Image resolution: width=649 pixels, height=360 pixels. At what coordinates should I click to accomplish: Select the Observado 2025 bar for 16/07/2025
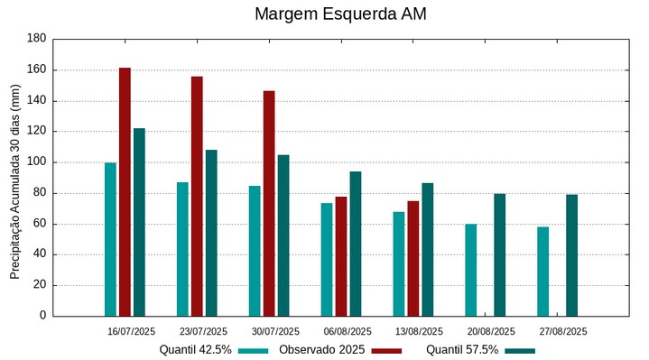click(x=125, y=191)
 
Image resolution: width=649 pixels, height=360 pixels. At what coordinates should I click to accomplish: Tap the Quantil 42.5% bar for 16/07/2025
click(x=110, y=239)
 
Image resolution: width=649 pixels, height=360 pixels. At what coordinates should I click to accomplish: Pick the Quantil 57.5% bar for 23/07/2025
click(x=211, y=233)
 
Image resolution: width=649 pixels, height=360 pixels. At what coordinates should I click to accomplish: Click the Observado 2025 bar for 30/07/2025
click(x=269, y=203)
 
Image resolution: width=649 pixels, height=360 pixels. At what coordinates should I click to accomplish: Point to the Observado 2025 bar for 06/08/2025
click(x=341, y=256)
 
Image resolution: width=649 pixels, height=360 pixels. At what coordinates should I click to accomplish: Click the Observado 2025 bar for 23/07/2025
click(x=197, y=196)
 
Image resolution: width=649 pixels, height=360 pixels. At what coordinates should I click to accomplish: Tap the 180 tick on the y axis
click(x=37, y=39)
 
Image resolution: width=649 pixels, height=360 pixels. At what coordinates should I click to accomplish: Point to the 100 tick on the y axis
click(x=37, y=162)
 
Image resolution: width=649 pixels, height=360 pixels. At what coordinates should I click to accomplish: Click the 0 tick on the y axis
click(x=42, y=316)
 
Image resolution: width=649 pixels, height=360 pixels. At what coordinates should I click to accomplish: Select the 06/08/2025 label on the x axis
click(x=348, y=331)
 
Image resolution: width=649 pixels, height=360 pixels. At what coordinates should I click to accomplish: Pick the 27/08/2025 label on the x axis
click(x=564, y=331)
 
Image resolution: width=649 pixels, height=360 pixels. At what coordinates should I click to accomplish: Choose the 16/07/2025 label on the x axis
click(x=131, y=331)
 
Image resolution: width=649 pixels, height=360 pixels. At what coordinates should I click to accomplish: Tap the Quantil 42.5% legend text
click(x=195, y=350)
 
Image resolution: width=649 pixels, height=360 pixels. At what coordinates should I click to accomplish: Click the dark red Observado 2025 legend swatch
click(x=385, y=350)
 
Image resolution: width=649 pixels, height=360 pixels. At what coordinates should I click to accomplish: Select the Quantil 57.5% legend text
click(x=462, y=350)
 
